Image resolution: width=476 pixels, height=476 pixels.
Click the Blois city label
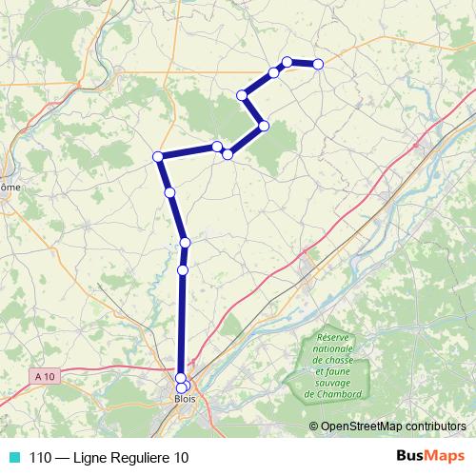click(185, 399)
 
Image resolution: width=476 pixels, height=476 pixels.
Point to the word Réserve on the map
click(335, 339)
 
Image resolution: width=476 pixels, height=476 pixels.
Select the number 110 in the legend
click(40, 458)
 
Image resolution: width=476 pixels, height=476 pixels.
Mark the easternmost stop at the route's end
click(318, 64)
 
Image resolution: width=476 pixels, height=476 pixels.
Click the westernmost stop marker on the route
click(158, 156)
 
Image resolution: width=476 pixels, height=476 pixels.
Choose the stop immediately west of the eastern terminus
click(287, 62)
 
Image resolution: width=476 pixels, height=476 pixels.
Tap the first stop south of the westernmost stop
click(170, 192)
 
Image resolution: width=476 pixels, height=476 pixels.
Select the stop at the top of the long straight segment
click(183, 270)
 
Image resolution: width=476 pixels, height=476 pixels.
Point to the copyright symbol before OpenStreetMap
click(314, 426)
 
